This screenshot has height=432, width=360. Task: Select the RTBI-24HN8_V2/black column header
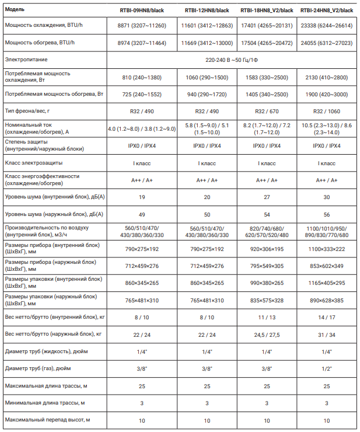point(327,11)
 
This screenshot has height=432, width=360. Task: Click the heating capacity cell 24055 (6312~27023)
point(327,43)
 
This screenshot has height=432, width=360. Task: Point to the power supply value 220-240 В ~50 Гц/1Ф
point(232,60)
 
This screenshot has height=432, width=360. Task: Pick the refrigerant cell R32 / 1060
point(327,111)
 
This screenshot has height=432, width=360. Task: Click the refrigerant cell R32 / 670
point(267,111)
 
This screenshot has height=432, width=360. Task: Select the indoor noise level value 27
point(267,197)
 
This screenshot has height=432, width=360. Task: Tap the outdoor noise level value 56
point(327,214)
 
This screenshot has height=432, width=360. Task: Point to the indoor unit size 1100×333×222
point(327,249)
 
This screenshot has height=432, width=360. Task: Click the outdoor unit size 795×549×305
point(267,266)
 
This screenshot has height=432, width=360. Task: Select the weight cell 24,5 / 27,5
point(267,335)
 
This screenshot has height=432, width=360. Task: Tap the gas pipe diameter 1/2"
point(327,369)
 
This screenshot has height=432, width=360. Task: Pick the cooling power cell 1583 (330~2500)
point(267,77)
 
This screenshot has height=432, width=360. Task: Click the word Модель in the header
point(15,11)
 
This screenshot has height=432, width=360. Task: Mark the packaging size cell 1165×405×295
point(327,283)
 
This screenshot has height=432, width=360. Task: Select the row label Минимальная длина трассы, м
point(44,403)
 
